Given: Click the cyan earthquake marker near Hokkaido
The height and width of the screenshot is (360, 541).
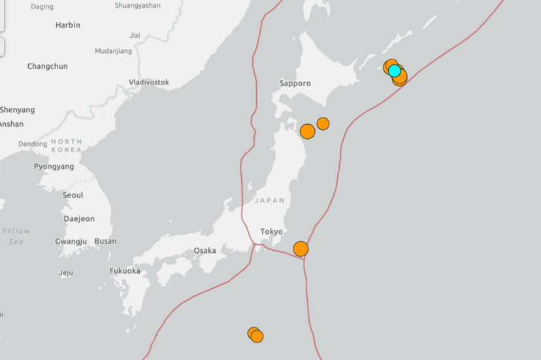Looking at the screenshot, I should pos(394,70).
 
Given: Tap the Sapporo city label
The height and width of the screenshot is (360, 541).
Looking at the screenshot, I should pos(295,83).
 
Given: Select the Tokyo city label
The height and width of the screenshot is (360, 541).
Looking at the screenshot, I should pos(271,231).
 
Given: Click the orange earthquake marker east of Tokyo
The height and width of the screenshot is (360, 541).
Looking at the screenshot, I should pos(301,248).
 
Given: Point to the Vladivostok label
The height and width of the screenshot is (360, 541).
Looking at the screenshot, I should pos(149,82).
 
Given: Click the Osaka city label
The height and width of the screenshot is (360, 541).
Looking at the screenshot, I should pos(205,250).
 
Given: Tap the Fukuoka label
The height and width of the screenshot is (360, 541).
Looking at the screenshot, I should pos(125,270).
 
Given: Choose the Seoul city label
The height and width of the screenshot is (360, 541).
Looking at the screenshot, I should pos(73,195).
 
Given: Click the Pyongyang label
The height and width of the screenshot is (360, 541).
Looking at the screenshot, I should pos(54,167).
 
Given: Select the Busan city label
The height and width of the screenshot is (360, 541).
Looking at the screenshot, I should pos(105,241).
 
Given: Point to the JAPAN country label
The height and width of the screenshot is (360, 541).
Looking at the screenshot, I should pos(270,201).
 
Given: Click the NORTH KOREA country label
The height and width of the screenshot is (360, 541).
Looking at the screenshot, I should pos(67,145).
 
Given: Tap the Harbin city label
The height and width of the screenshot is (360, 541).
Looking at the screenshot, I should pos(68,25).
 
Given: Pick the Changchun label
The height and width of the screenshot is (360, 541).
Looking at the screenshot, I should pos(47,66).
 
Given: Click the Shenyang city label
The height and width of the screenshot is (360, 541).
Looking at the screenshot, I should pos(18,110).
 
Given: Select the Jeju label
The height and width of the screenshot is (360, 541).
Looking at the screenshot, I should pos(66,272).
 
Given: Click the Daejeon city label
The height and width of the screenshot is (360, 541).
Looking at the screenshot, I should pos(79,218).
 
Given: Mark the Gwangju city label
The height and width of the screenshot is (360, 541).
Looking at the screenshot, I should pos(71,241).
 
